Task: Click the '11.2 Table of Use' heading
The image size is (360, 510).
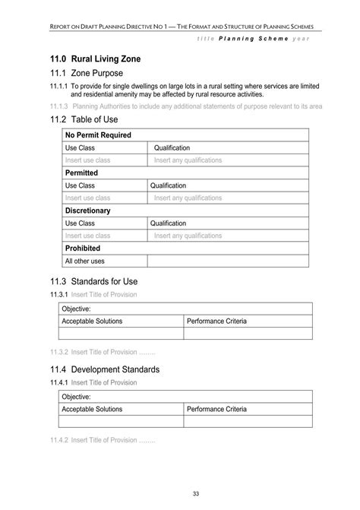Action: pos(89,120)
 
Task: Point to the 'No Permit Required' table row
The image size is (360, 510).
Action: pos(98,135)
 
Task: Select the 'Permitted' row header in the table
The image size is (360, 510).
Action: pos(81,173)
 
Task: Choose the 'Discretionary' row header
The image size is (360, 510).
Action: pos(87,211)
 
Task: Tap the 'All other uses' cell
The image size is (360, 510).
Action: pos(85,261)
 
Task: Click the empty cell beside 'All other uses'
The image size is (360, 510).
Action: pos(228,261)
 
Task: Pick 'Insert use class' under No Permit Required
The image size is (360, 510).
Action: pos(88,160)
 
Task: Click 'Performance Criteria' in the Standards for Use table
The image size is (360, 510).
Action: pos(216,322)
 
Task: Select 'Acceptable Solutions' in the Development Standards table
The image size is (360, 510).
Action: pos(92,409)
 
